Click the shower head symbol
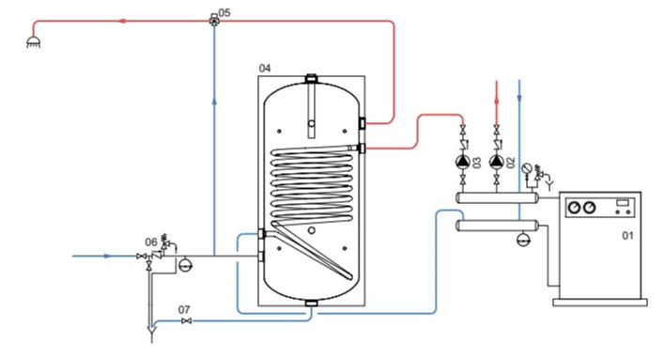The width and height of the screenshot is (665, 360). (34, 41)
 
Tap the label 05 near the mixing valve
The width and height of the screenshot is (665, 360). (224, 13)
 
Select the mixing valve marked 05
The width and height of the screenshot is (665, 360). (214, 20)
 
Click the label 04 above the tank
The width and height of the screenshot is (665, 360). (265, 68)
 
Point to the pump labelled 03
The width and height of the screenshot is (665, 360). (463, 162)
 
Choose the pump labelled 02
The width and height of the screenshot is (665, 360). (497, 162)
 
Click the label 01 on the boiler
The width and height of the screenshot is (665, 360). (627, 235)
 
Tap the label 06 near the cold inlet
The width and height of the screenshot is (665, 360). (151, 243)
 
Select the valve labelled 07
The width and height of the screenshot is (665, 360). (186, 321)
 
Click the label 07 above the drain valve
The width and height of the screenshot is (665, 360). (184, 310)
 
